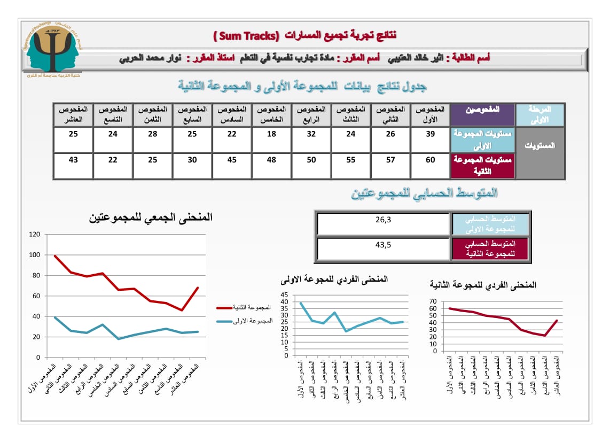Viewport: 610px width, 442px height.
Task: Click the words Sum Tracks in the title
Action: pos(246,36)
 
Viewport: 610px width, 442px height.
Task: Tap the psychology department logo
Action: pos(53,50)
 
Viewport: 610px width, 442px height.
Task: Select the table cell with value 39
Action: pos(430,134)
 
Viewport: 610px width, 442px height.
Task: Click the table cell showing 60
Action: pos(430,160)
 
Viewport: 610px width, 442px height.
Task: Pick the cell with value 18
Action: pos(272,134)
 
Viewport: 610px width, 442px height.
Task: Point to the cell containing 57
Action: pos(390,160)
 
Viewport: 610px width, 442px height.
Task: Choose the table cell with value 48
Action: pos(272,160)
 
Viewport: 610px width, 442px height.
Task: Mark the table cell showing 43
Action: pos(73,160)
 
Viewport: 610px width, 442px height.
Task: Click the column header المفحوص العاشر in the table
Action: pos(73,114)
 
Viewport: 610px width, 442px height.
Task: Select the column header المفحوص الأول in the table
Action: pos(430,114)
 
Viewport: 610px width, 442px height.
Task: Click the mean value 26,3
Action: pos(383,219)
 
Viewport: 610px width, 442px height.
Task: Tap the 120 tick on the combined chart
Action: pos(35,234)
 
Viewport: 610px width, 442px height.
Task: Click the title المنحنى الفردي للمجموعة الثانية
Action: pos(483,285)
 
